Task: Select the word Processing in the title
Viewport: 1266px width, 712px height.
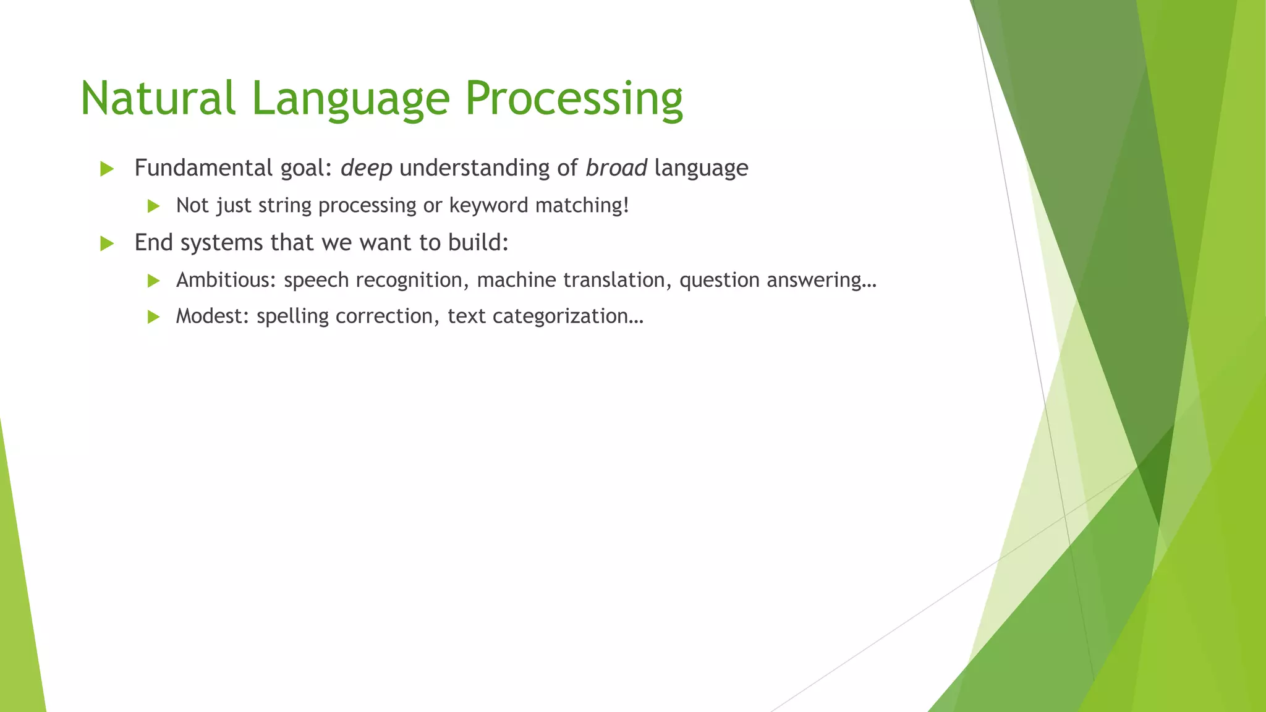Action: tap(574, 99)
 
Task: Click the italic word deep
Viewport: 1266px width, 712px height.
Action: tap(366, 168)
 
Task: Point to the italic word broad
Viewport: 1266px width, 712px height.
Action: tap(616, 167)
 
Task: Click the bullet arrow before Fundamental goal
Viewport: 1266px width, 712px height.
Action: tap(107, 169)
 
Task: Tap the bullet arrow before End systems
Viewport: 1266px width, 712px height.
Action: tap(107, 244)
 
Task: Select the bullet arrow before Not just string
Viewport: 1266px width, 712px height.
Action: tap(154, 206)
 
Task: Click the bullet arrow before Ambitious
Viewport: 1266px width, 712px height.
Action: tap(154, 281)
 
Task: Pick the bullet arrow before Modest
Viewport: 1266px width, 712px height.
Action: tap(154, 317)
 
